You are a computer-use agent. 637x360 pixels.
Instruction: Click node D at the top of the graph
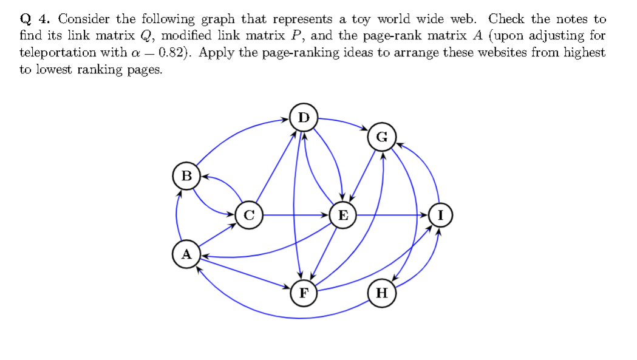pos(304,117)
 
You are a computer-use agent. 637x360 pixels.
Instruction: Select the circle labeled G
pos(381,137)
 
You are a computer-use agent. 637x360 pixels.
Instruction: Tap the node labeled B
pos(186,176)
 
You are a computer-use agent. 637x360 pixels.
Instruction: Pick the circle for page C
pos(248,215)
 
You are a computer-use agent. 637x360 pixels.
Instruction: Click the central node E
pos(342,215)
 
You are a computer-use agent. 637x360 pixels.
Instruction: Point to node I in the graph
pos(440,215)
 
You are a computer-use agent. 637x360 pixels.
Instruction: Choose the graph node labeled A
pos(186,254)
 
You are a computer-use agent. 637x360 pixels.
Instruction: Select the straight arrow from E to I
pos(392,215)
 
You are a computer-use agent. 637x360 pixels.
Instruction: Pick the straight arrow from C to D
pos(276,166)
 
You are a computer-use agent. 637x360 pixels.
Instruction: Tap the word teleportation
pos(58,52)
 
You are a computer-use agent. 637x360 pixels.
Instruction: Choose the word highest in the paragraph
pos(585,52)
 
